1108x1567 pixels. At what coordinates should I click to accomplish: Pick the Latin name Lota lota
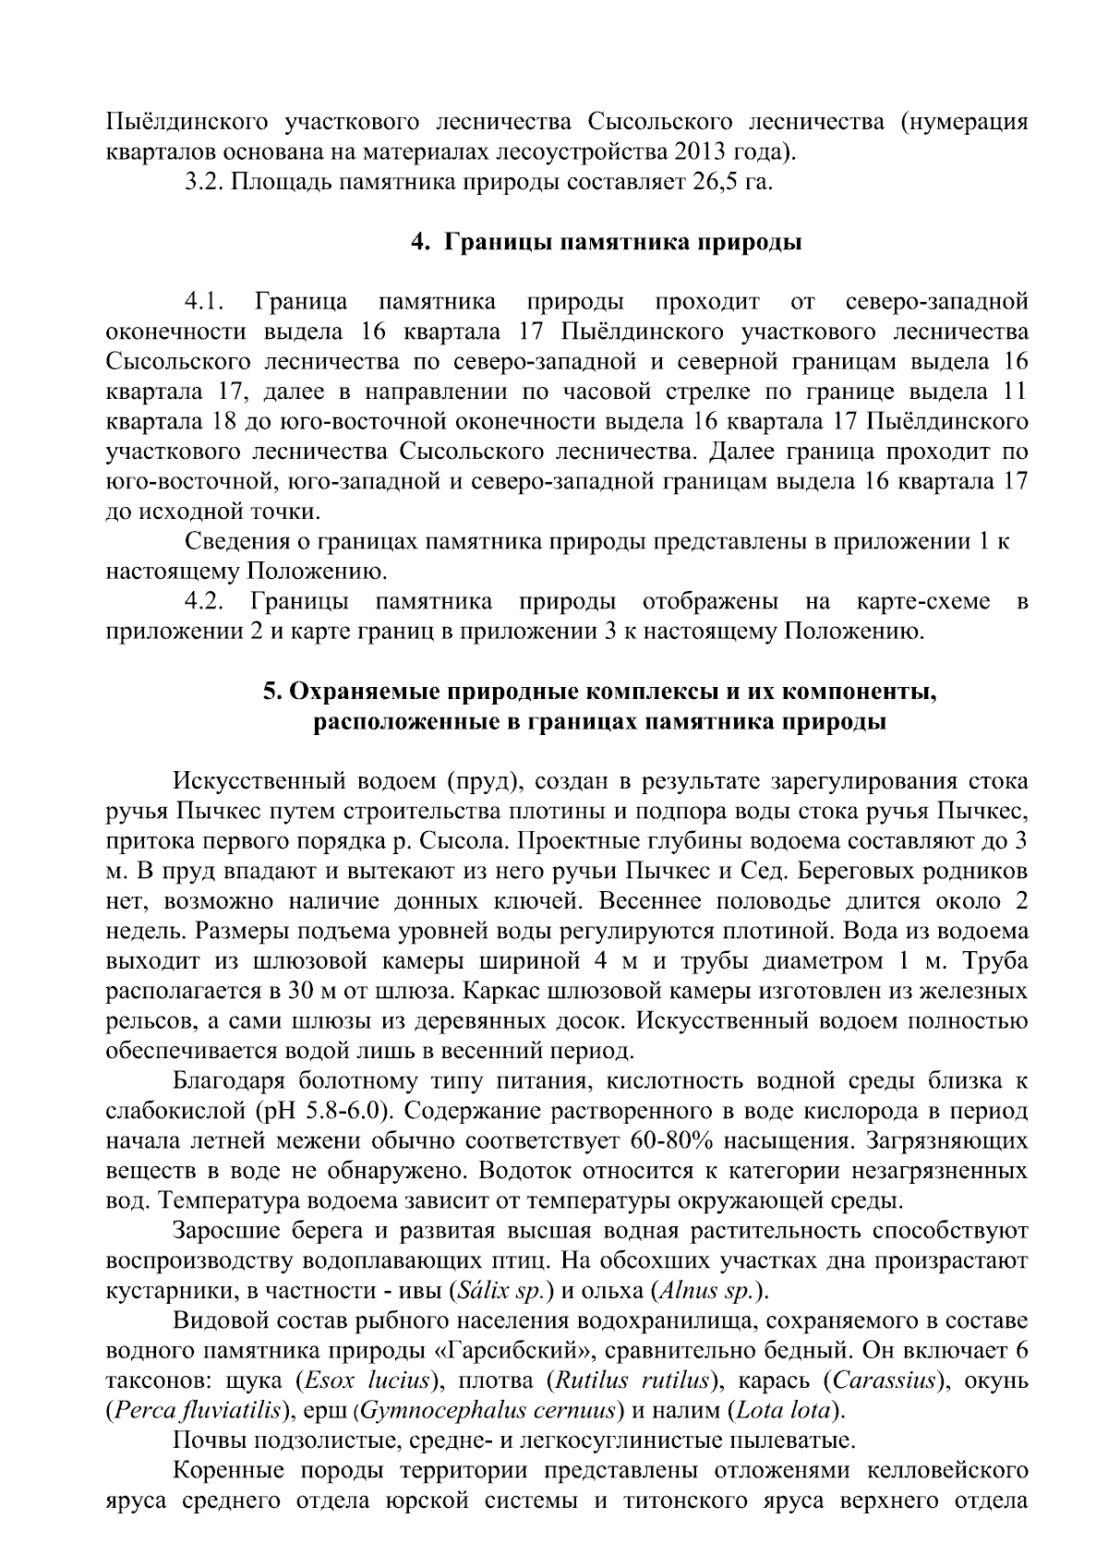tap(786, 1411)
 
